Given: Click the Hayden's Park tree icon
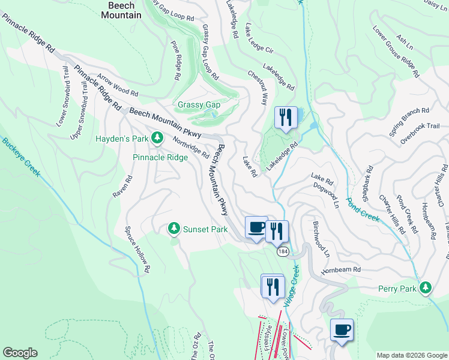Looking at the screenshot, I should pyautogui.click(x=157, y=139).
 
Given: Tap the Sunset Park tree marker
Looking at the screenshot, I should pyautogui.click(x=173, y=228).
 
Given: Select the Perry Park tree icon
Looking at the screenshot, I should pyautogui.click(x=426, y=288).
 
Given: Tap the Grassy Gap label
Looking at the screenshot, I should pyautogui.click(x=199, y=105).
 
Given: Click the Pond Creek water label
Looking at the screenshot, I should pyautogui.click(x=363, y=208).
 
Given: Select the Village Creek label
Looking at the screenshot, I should pyautogui.click(x=292, y=284).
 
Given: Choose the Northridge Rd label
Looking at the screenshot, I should pyautogui.click(x=190, y=146).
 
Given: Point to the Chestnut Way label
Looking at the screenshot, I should pyautogui.click(x=257, y=90).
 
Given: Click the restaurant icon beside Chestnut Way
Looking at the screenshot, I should pyautogui.click(x=286, y=116).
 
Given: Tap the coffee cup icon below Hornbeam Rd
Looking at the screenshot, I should pyautogui.click(x=342, y=329).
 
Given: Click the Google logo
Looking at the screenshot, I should pyautogui.click(x=20, y=353).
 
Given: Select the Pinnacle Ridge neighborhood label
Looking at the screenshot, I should pyautogui.click(x=160, y=158).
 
